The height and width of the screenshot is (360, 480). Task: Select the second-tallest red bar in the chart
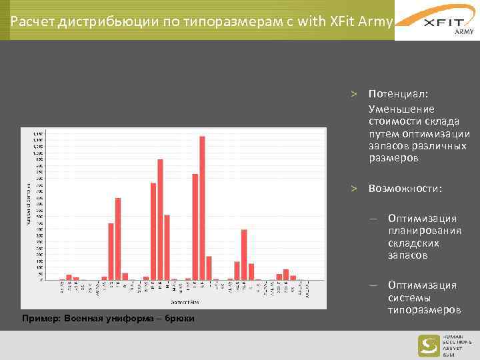(160, 219)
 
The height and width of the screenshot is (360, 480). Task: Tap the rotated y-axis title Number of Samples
(28, 203)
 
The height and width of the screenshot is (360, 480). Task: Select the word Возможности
(404, 189)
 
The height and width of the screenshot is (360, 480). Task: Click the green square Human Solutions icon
(429, 345)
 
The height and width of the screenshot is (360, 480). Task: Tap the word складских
(412, 243)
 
